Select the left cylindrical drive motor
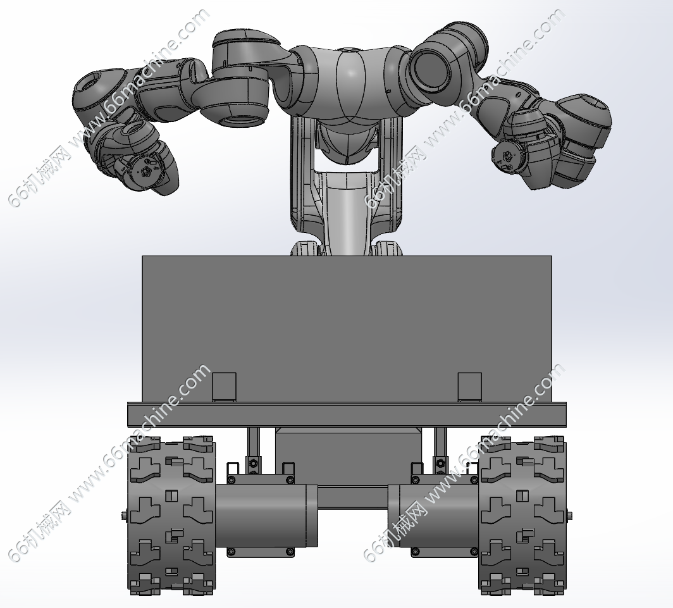266,516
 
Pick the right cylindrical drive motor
433,516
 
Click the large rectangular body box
347,328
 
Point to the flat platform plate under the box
347,414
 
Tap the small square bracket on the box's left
224,387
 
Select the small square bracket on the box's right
469,387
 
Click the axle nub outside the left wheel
125,514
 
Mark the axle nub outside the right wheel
569,514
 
